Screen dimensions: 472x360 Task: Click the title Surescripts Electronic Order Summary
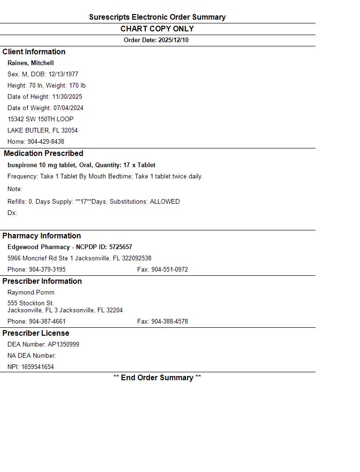157,17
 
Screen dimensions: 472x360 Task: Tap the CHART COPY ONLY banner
157,29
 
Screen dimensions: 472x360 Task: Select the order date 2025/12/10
173,40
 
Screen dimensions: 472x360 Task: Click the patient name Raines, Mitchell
30,63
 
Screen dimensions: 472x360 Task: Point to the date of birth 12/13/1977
63,74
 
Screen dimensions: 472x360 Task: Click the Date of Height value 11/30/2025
67,97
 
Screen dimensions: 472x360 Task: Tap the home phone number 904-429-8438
46,142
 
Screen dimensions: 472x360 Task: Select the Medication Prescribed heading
44,154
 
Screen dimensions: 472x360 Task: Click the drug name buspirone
22,165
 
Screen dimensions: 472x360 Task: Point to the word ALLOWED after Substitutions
165,202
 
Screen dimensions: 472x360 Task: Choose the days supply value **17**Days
90,202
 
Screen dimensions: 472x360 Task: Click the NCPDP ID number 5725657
120,247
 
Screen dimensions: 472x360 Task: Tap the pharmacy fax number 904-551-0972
169,270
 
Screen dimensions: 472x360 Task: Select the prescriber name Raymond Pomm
31,293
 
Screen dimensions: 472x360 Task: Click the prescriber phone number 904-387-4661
47,322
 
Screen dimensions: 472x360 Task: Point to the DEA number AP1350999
63,345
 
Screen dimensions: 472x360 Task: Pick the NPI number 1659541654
37,367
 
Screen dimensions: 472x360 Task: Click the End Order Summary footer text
157,378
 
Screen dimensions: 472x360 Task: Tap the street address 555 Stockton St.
30,303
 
